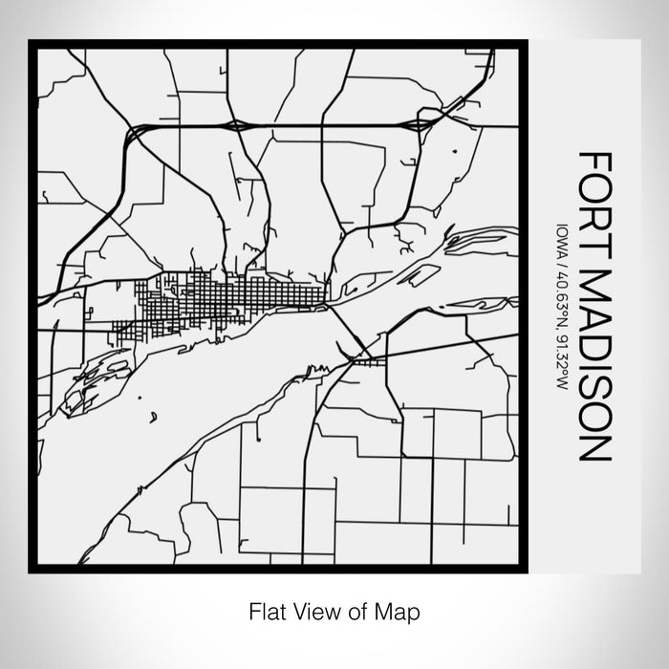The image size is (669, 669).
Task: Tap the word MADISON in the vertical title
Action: pyautogui.click(x=592, y=367)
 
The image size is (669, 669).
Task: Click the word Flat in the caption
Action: pyautogui.click(x=265, y=610)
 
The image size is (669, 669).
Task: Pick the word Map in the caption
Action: pyautogui.click(x=400, y=610)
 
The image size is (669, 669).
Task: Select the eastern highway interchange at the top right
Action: pyautogui.click(x=421, y=123)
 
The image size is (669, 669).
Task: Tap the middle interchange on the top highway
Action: pyautogui.click(x=234, y=124)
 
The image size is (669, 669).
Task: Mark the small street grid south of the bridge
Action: pyautogui.click(x=363, y=361)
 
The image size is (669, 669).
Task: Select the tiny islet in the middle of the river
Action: pyautogui.click(x=153, y=417)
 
